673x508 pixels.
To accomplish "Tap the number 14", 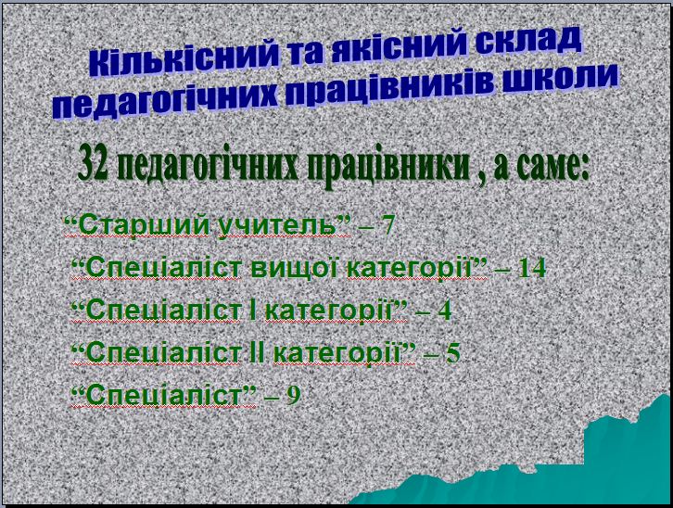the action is [532, 269].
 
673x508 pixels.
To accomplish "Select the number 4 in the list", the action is [444, 311].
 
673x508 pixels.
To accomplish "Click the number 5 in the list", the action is [452, 353].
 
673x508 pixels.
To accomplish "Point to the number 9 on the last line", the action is [293, 395].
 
